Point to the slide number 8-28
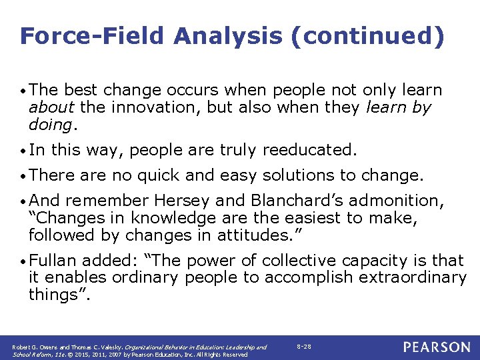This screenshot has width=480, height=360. [x=303, y=347]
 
